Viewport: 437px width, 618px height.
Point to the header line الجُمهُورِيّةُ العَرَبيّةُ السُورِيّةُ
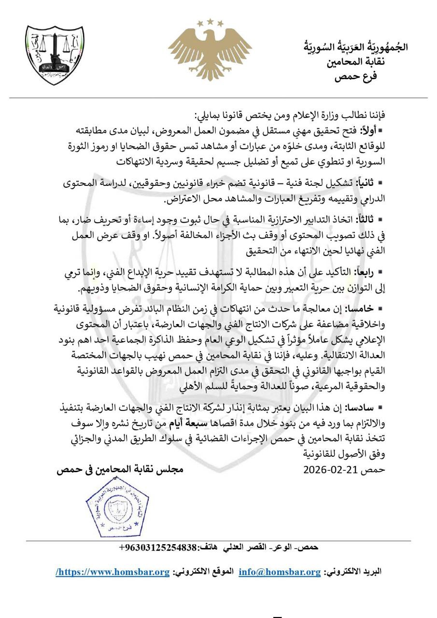[x=355, y=47]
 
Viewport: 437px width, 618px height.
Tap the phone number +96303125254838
[x=157, y=548]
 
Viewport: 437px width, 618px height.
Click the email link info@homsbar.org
[x=280, y=572]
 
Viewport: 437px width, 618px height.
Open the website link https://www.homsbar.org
[x=113, y=572]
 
